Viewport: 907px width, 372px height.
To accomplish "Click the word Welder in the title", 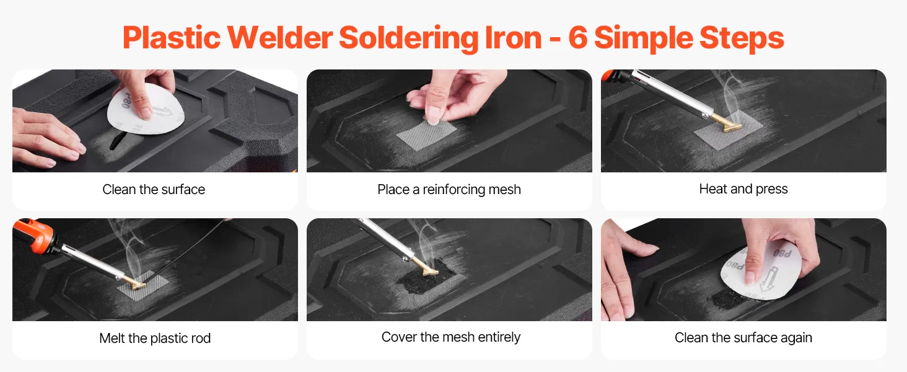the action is click(279, 37).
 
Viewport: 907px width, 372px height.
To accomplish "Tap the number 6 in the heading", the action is click(578, 37).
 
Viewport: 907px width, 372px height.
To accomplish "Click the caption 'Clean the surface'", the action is click(154, 189).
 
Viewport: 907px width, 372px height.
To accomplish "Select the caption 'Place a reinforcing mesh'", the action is click(449, 190).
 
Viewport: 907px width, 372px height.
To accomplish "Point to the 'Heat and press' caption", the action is click(743, 189).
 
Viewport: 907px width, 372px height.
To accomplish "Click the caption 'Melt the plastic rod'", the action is click(155, 338).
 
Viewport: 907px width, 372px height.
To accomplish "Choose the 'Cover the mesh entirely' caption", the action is click(450, 337).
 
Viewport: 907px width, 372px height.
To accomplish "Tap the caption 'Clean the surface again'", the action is click(743, 337).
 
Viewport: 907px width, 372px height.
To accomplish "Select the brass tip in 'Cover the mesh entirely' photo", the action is click(427, 268).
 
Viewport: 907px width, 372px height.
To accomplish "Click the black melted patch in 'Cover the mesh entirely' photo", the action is click(429, 275).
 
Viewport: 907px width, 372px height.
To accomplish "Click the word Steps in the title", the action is click(742, 38).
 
